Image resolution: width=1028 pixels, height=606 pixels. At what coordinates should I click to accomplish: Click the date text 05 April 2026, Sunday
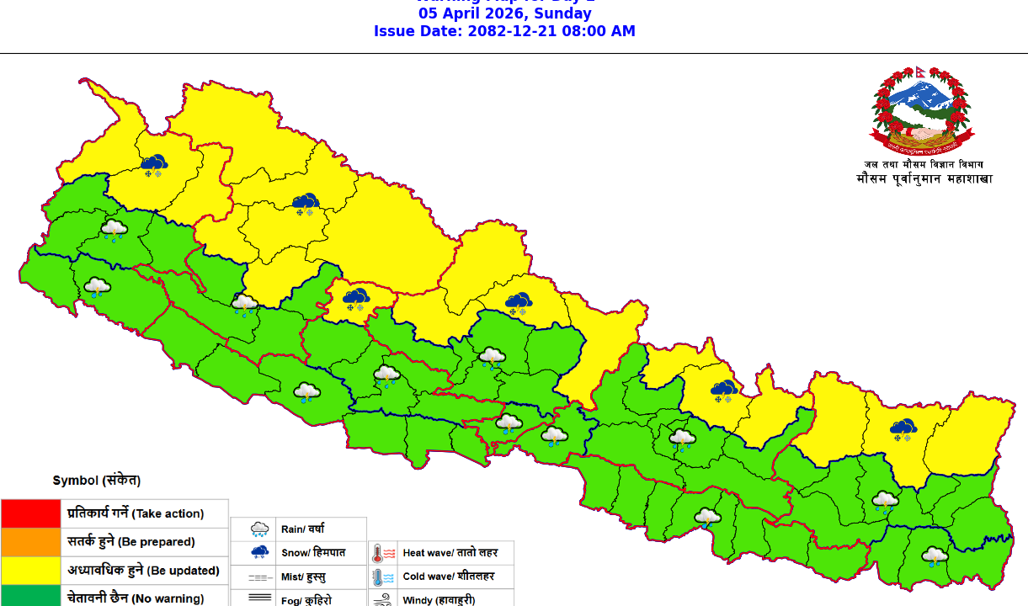point(504,13)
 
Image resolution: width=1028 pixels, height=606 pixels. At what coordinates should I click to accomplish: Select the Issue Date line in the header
point(504,31)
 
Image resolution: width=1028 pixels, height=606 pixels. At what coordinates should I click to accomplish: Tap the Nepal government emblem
point(919,109)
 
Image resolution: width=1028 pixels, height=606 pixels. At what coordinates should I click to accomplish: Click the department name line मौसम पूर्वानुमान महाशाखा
point(924,179)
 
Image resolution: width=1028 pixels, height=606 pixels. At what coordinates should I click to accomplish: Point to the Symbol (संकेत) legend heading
point(96,481)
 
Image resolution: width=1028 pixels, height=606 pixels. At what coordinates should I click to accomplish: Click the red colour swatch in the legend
point(31,513)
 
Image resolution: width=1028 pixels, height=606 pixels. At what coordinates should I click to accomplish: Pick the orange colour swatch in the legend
point(31,542)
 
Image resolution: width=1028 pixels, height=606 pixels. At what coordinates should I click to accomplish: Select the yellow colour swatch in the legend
point(31,571)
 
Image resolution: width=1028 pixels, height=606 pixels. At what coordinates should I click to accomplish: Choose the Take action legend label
point(136,513)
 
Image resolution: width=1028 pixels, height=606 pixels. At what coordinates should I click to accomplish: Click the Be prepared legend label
point(130,542)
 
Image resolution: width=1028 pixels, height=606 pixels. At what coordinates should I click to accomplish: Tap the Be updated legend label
point(143,571)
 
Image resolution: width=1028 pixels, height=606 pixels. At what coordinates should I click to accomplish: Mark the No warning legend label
point(136,598)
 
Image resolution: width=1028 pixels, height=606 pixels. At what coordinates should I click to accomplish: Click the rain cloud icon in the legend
point(260,529)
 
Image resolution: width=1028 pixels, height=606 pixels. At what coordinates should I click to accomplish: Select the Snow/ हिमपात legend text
point(312,552)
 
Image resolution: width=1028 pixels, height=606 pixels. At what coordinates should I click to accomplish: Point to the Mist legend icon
point(260,577)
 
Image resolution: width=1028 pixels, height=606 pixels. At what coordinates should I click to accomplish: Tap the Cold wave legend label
point(448,577)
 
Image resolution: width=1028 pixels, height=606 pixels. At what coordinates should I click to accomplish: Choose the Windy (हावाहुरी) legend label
point(439,600)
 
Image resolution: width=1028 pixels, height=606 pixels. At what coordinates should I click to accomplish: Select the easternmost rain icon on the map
point(935,556)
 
